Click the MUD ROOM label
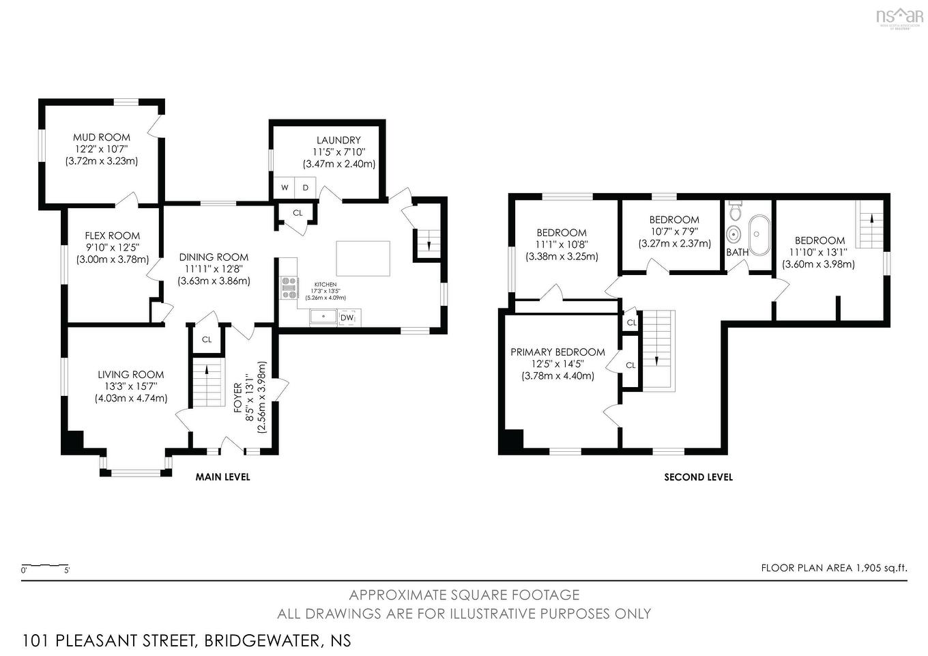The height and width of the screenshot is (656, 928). (x=101, y=137)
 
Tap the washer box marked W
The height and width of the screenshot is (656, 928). (x=285, y=188)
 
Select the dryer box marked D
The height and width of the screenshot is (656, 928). (x=306, y=188)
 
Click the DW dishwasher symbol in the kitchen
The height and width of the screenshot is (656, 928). (x=347, y=317)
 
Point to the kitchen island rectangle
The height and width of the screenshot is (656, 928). (x=363, y=257)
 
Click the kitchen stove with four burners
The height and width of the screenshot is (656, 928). (x=289, y=287)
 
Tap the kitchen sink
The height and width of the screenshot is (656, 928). (x=323, y=317)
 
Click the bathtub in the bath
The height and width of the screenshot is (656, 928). (x=758, y=233)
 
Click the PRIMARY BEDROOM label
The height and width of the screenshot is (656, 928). (x=557, y=352)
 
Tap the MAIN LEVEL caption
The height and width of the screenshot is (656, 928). (x=222, y=477)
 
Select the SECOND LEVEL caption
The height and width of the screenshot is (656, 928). (x=698, y=477)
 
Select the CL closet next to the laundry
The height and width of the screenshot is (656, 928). (x=298, y=213)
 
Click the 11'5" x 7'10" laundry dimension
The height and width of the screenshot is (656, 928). (x=338, y=152)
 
